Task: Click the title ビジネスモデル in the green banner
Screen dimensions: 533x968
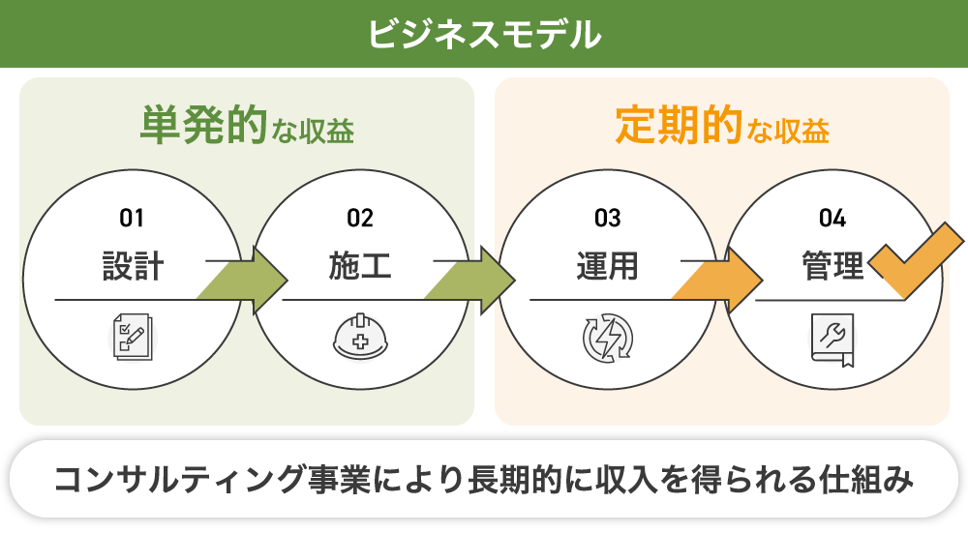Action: click(484, 34)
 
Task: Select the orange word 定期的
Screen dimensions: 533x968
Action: click(679, 126)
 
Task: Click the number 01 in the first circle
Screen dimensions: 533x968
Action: click(133, 218)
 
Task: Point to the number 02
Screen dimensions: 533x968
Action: click(360, 218)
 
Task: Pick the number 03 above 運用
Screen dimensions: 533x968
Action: click(607, 218)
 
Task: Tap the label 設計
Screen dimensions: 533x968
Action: click(133, 266)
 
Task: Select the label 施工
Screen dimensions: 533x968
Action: click(360, 266)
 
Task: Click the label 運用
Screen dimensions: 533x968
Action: click(607, 266)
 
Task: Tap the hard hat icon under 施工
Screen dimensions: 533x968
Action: click(360, 335)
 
